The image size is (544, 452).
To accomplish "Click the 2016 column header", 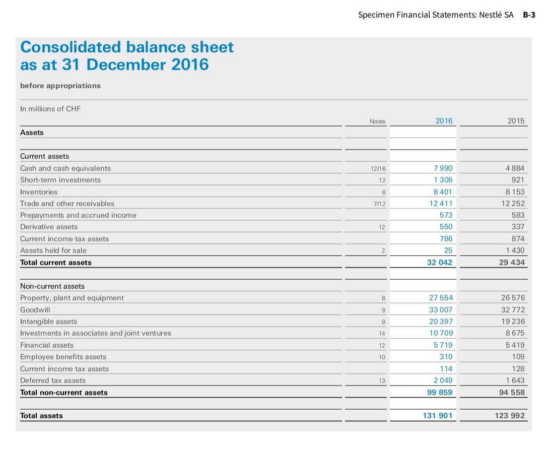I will [x=444, y=121].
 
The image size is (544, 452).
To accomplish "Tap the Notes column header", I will [x=377, y=121].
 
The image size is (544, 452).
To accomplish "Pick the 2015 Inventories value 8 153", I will [x=514, y=192].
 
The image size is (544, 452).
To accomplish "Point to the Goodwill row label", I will [x=35, y=310].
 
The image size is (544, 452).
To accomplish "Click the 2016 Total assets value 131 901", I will [x=437, y=416].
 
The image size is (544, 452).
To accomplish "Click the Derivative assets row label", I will [x=49, y=227].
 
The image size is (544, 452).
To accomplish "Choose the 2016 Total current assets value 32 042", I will [x=439, y=263].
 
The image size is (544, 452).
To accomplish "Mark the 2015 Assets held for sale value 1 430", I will [x=515, y=250].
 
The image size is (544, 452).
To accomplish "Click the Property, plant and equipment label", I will [x=72, y=298].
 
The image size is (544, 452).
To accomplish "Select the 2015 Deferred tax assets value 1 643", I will [x=515, y=380].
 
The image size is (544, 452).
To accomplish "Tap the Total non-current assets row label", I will [x=64, y=393].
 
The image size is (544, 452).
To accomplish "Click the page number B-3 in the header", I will [x=529, y=15].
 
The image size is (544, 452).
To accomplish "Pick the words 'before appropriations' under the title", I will [x=60, y=86].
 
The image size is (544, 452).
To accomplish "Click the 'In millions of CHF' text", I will [x=50, y=109].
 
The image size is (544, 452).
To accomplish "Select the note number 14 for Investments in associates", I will [x=381, y=334].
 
